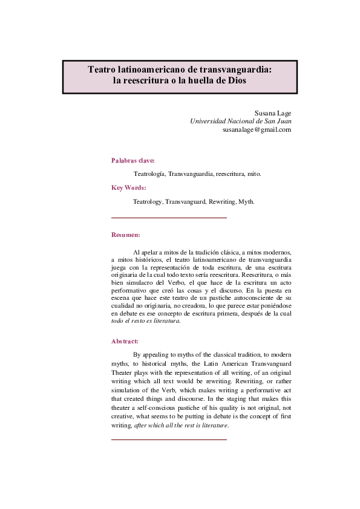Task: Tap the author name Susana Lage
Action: pyautogui.click(x=273, y=112)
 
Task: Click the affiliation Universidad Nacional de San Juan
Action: pyautogui.click(x=241, y=121)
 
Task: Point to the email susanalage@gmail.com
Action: pyautogui.click(x=257, y=129)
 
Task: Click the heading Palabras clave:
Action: pyautogui.click(x=133, y=160)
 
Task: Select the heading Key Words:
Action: pyautogui.click(x=129, y=187)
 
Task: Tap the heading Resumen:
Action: pyautogui.click(x=126, y=235)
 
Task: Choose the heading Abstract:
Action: pyautogui.click(x=125, y=341)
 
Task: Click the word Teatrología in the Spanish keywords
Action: pyautogui.click(x=149, y=173)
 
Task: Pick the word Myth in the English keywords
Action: pyautogui.click(x=246, y=201)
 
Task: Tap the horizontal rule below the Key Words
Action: pyautogui.click(x=169, y=217)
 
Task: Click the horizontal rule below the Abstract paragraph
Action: pyautogui.click(x=169, y=439)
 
